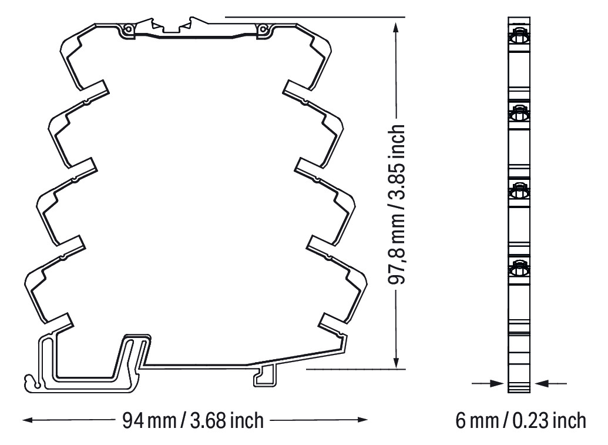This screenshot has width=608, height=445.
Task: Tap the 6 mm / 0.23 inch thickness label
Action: tap(520, 420)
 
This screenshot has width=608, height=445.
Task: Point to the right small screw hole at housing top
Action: tap(262, 28)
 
